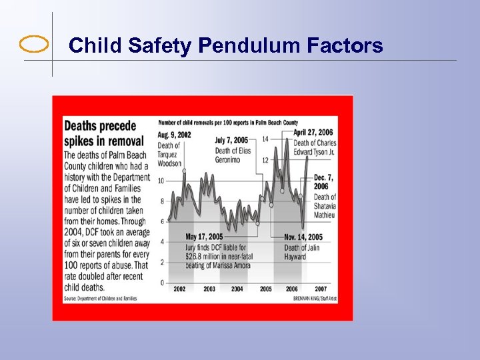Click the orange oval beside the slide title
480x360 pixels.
tap(34, 45)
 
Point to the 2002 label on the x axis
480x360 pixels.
tap(180, 289)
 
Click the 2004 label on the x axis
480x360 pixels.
tap(237, 289)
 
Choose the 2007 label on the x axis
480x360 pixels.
tap(321, 289)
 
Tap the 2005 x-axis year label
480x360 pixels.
tap(265, 289)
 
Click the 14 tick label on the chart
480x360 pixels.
tap(265, 139)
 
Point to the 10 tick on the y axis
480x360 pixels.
tap(161, 181)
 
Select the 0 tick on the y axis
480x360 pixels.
tap(161, 283)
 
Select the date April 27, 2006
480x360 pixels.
tap(314, 132)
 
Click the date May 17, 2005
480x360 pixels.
tap(204, 237)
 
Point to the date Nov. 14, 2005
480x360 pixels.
tap(303, 237)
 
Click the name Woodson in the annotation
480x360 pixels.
tap(169, 163)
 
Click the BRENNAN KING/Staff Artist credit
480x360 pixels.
tap(314, 299)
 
